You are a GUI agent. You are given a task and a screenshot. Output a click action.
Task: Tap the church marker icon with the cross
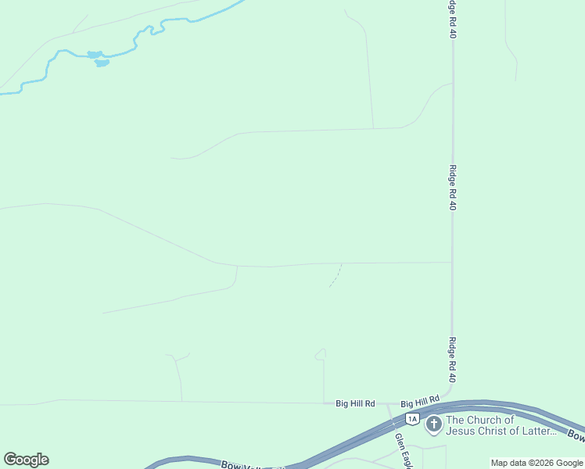[433, 425]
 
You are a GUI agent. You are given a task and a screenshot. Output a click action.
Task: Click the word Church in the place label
[491, 420]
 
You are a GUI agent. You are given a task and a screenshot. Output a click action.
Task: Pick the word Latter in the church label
[540, 431]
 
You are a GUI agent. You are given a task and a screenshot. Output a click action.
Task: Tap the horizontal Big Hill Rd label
[355, 403]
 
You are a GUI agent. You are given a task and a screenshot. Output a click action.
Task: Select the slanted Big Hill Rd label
[421, 402]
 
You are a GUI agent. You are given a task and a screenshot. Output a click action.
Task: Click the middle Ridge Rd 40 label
[453, 188]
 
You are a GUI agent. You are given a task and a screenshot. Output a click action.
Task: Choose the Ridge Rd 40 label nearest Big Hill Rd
[453, 360]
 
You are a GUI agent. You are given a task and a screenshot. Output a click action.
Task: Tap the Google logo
[26, 460]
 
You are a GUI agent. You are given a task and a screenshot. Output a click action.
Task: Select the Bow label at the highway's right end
[575, 435]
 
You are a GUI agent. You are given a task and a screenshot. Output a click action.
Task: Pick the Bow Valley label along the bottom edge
[242, 464]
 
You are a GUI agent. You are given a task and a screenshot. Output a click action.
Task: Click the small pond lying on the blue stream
[95, 55]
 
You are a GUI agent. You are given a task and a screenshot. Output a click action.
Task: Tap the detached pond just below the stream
[102, 63]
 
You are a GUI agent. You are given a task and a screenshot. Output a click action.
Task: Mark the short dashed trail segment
[336, 275]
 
